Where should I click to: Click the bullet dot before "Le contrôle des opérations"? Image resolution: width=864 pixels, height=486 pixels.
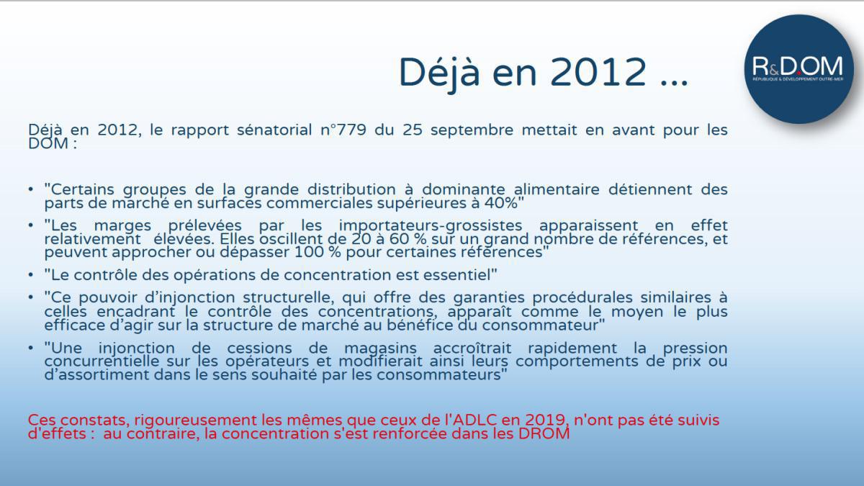[x=31, y=275]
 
